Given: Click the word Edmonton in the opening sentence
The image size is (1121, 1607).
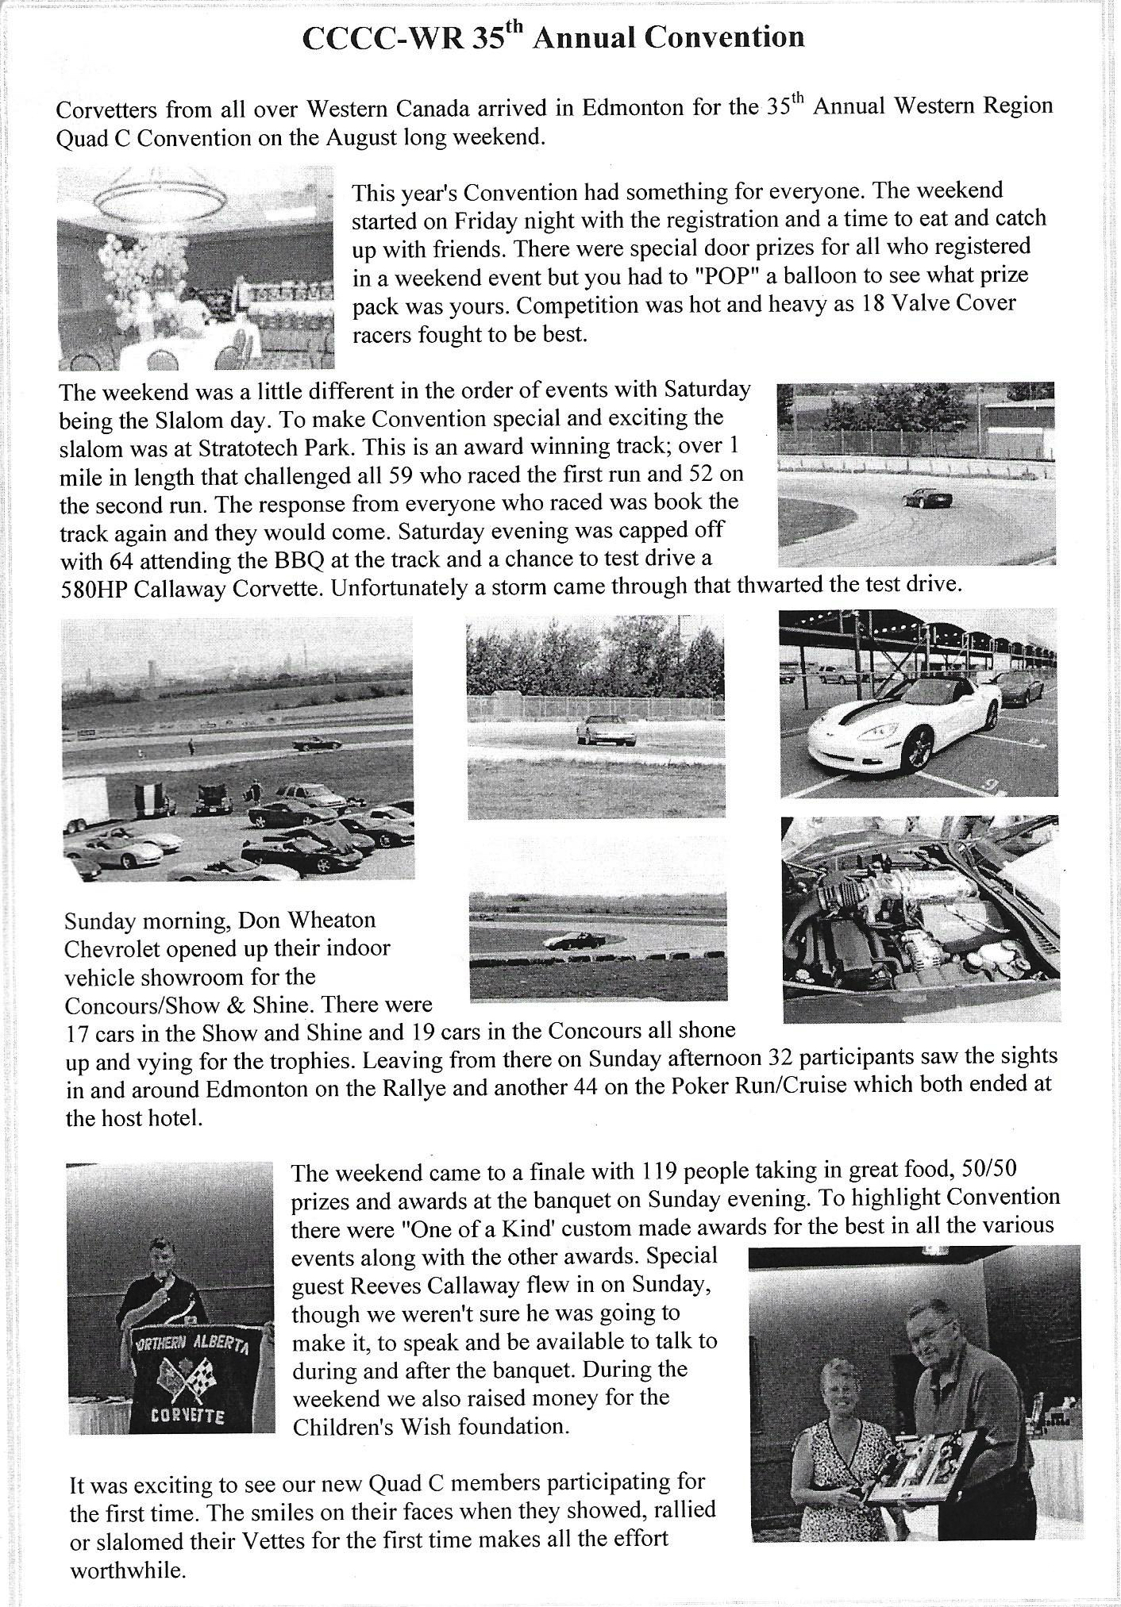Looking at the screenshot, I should click(632, 108).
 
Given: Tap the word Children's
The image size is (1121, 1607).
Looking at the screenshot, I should click(342, 1426).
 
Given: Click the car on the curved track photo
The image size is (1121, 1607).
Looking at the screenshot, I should click(926, 498).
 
